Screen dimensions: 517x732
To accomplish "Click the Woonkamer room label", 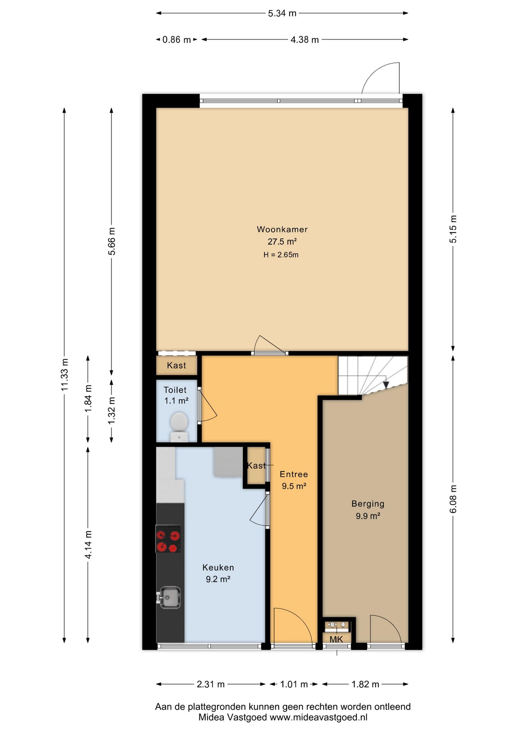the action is pyautogui.click(x=282, y=229).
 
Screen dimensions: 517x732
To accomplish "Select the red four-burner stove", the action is pyautogui.click(x=168, y=539).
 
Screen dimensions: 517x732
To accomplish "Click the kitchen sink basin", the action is pyautogui.click(x=169, y=597).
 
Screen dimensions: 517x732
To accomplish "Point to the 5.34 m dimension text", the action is pyautogui.click(x=282, y=13).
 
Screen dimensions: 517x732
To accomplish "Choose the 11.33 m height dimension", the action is pyautogui.click(x=64, y=374).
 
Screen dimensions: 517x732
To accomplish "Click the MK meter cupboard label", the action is pyautogui.click(x=336, y=639).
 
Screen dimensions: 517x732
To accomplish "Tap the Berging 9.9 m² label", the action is pyautogui.click(x=368, y=510).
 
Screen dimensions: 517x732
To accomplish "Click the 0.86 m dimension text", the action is pyautogui.click(x=177, y=40).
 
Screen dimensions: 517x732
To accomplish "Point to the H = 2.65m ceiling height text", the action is pyautogui.click(x=281, y=255).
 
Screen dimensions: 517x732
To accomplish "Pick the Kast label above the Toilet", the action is pyautogui.click(x=177, y=365).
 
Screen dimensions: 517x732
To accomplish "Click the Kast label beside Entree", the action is pyautogui.click(x=256, y=466).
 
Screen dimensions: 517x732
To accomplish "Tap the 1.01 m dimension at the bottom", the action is pyautogui.click(x=294, y=684).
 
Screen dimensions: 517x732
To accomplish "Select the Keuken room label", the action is pyautogui.click(x=218, y=567).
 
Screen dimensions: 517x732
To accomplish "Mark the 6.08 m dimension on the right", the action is pyautogui.click(x=453, y=499).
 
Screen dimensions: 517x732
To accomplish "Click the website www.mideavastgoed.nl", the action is pyautogui.click(x=319, y=717).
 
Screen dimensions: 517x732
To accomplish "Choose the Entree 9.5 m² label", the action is pyautogui.click(x=294, y=480).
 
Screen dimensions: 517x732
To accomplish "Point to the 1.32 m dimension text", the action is pyautogui.click(x=112, y=411).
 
